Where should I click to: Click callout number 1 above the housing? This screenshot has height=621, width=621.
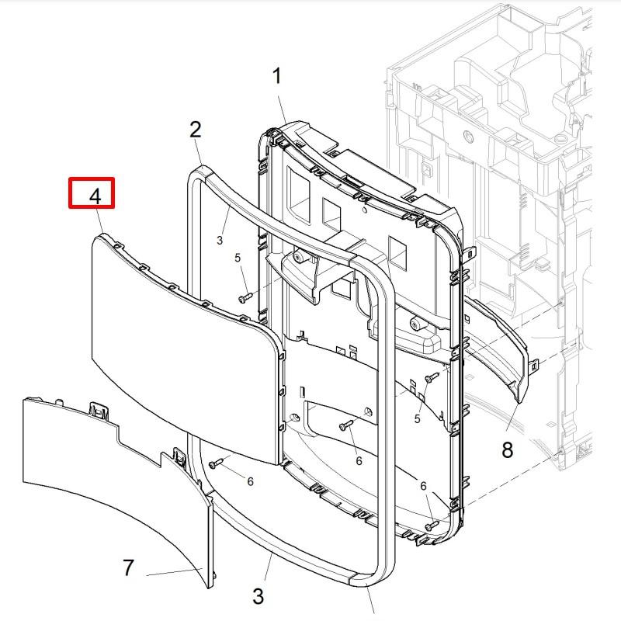pyautogui.click(x=276, y=76)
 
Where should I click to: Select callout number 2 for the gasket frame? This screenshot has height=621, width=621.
pyautogui.click(x=196, y=129)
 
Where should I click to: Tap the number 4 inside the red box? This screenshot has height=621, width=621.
pyautogui.click(x=95, y=196)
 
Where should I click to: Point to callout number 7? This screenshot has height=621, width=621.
pyautogui.click(x=129, y=567)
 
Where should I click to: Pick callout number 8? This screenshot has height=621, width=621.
pyautogui.click(x=507, y=449)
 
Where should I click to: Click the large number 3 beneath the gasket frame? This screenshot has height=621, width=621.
pyautogui.click(x=258, y=596)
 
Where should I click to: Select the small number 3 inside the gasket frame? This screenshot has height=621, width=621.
pyautogui.click(x=220, y=241)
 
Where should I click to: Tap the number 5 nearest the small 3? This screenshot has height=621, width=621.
pyautogui.click(x=238, y=258)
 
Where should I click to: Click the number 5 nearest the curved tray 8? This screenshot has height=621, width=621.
pyautogui.click(x=417, y=419)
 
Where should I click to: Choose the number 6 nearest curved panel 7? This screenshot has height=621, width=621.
pyautogui.click(x=250, y=481)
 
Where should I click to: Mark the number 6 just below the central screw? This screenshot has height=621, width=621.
pyautogui.click(x=359, y=460)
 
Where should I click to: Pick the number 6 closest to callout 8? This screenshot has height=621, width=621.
pyautogui.click(x=424, y=486)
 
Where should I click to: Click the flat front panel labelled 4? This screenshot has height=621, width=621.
pyautogui.click(x=179, y=342)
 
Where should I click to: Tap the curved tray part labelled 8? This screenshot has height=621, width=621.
pyautogui.click(x=497, y=349)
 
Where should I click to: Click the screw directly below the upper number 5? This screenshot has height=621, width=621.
pyautogui.click(x=245, y=296)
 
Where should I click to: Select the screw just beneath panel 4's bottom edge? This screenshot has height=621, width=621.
pyautogui.click(x=215, y=463)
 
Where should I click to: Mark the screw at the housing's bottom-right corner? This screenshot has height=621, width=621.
pyautogui.click(x=429, y=527)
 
